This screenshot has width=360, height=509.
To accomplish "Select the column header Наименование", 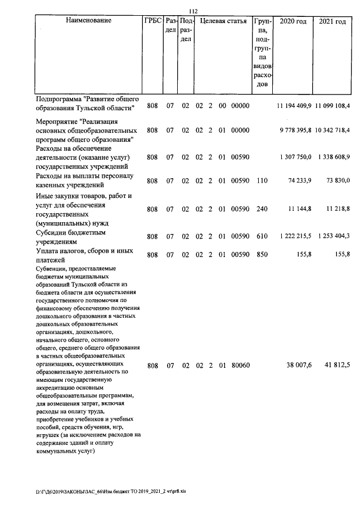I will click(88, 21).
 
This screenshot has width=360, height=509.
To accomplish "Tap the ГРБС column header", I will click(152, 21).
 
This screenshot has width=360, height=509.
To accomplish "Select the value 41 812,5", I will click(337, 366).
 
